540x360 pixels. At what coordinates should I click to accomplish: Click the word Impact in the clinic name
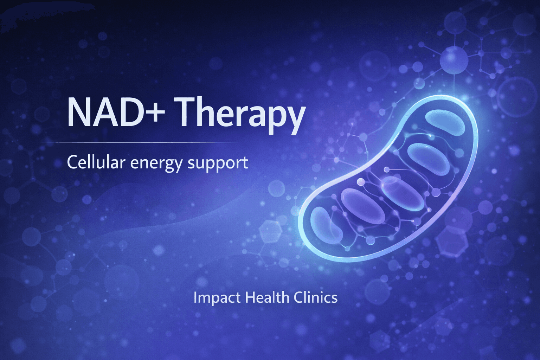click(x=217, y=298)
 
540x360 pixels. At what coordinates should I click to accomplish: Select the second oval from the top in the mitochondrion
click(x=428, y=159)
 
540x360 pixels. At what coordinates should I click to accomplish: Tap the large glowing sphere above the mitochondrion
click(x=454, y=60)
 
